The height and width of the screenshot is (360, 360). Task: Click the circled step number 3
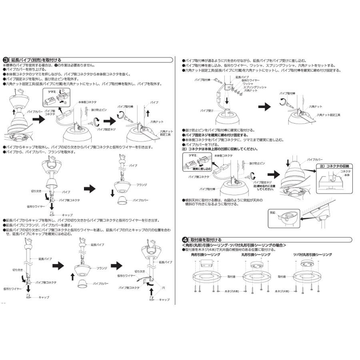pyautogui.click(x=6, y=60)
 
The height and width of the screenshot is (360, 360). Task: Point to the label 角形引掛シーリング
pyautogui.click(x=206, y=254)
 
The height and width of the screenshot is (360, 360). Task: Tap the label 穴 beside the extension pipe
pyautogui.click(x=164, y=286)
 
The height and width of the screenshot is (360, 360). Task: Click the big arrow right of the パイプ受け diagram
pyautogui.click(x=264, y=108)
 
